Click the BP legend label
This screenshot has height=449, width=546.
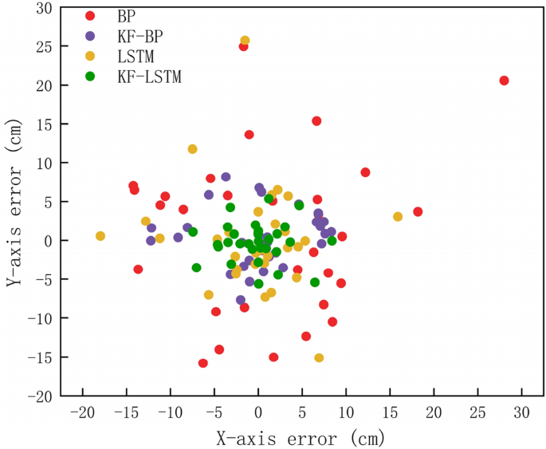127,16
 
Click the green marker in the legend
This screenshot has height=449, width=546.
91,77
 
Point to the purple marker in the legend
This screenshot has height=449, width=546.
91,36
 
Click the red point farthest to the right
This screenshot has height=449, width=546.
504,81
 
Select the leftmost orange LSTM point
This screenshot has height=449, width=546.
100,236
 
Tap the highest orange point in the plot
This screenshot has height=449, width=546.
245,41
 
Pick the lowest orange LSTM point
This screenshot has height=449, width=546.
319,358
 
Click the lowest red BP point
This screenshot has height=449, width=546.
203,364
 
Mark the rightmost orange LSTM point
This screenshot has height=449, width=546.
398,217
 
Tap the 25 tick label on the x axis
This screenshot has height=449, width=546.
477,412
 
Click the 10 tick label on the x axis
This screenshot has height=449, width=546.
346,412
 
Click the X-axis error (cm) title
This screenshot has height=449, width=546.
301,437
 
